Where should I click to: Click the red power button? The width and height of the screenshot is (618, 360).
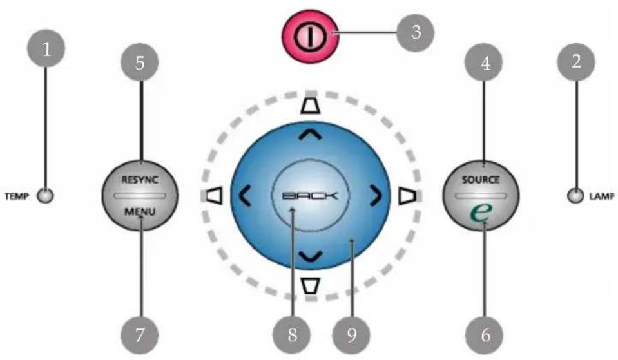tap(310, 36)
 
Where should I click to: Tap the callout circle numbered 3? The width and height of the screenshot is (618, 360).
tap(416, 33)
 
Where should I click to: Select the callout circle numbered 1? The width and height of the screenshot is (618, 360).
tap(46, 49)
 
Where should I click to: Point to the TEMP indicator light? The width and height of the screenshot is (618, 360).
tap(45, 196)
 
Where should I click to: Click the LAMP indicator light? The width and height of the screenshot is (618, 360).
tap(575, 196)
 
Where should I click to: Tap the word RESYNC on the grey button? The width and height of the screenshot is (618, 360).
tap(140, 180)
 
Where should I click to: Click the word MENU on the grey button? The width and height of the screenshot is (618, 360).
tap(140, 212)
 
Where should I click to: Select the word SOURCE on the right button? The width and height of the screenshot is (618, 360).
tap(481, 180)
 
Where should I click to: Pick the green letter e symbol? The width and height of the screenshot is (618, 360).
tap(481, 212)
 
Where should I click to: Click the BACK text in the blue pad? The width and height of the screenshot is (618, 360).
tap(310, 196)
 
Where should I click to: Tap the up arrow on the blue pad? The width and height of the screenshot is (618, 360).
tap(310, 136)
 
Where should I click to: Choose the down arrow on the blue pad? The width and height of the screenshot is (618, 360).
tap(310, 256)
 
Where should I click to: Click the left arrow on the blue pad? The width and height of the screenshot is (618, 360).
tap(245, 196)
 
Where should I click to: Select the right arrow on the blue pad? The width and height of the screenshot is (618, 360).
tap(376, 196)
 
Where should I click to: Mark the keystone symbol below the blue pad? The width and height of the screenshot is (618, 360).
tap(310, 286)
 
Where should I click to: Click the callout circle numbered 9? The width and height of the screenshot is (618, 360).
tap(352, 335)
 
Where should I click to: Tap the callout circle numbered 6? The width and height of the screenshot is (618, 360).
tap(485, 335)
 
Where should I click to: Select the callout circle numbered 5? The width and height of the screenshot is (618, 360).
tap(140, 62)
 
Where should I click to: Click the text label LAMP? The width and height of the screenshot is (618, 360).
tap(602, 196)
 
